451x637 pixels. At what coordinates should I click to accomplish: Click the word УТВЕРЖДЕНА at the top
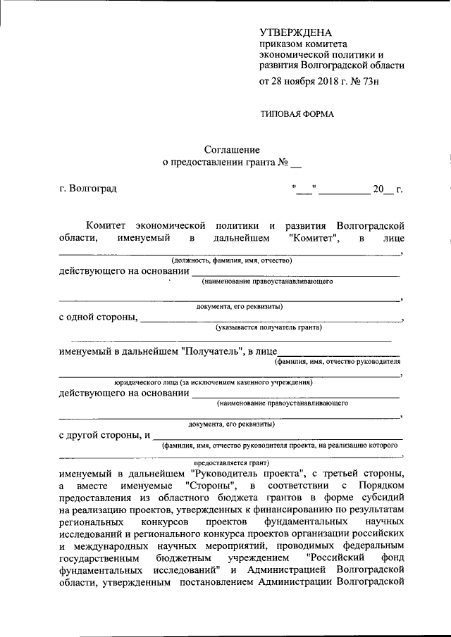(295, 32)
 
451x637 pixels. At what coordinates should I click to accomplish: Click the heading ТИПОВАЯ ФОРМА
(297, 114)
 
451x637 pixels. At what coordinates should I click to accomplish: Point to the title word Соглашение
(232, 150)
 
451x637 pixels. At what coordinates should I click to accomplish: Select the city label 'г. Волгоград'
(88, 189)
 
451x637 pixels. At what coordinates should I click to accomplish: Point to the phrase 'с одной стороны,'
(98, 317)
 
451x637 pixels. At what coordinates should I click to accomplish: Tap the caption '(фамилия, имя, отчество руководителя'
(338, 362)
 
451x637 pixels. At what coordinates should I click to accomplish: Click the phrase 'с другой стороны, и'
(104, 434)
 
